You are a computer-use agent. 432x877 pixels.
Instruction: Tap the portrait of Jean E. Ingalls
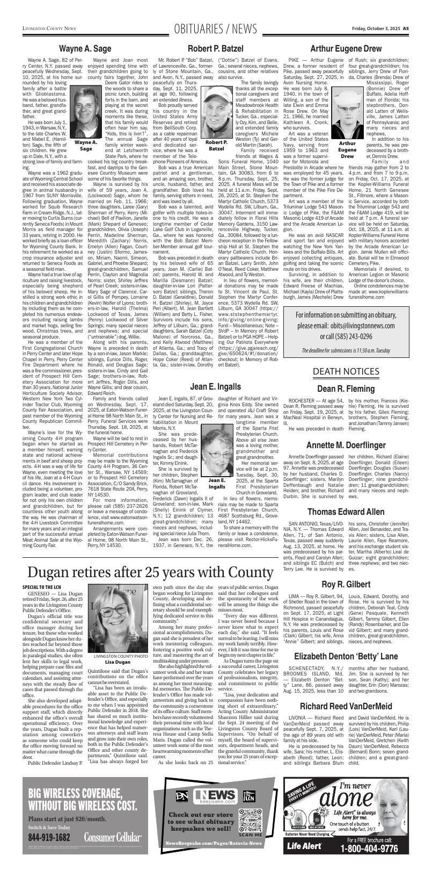pos(217,451)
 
